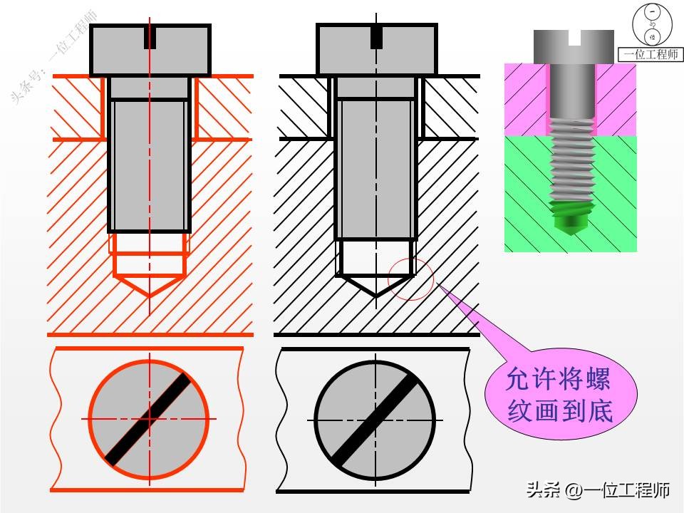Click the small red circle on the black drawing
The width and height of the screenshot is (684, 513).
[410, 279]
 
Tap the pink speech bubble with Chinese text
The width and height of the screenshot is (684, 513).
[559, 395]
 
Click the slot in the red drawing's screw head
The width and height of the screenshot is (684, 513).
[150, 37]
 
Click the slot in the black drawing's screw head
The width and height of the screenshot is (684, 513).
[376, 37]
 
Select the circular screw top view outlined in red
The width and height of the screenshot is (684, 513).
[150, 419]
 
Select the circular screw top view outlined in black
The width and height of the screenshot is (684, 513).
[375, 419]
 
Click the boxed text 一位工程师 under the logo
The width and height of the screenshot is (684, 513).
[651, 54]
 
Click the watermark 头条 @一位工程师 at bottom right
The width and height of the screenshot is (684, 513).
[598, 490]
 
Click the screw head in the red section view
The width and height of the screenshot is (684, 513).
[150, 50]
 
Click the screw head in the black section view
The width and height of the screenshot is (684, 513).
[376, 50]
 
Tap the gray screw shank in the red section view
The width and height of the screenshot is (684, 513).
[150, 164]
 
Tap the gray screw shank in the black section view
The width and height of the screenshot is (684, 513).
[375, 167]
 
